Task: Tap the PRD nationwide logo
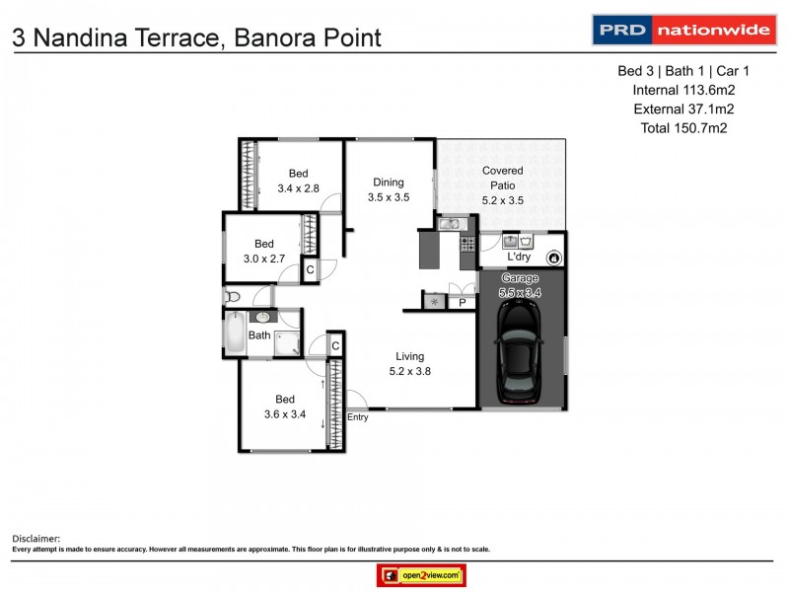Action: click(x=681, y=30)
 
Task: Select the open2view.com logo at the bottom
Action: click(x=421, y=575)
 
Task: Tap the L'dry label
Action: click(x=519, y=258)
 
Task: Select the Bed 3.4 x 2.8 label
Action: click(x=298, y=181)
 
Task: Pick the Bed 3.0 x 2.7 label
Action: click(x=264, y=252)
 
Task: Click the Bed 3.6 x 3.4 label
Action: click(x=285, y=407)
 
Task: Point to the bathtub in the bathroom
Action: click(x=236, y=333)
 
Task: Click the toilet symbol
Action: click(x=233, y=296)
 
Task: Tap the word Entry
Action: click(x=358, y=417)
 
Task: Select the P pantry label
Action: click(x=462, y=303)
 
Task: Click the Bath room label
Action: click(x=259, y=335)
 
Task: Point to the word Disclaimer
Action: click(x=36, y=539)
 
